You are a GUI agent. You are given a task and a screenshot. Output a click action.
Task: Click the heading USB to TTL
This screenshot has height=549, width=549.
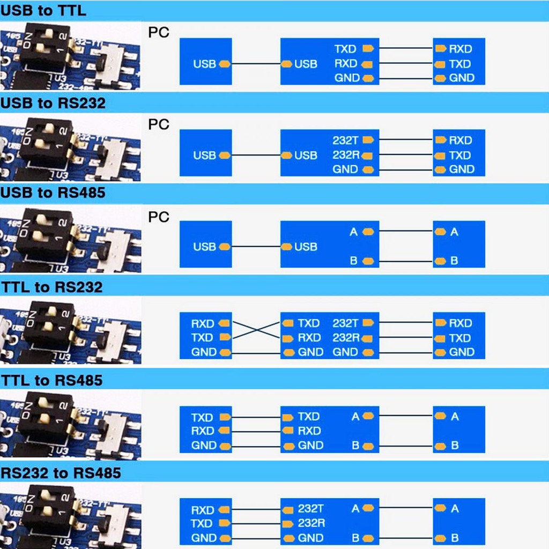pos(43,10)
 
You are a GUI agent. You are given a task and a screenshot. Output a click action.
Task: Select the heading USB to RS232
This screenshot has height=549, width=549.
pos(53,102)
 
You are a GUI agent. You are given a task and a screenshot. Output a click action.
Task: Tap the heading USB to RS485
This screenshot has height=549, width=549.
pos(53,194)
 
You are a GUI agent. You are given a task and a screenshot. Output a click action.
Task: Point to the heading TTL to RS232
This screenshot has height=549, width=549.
pos(51,287)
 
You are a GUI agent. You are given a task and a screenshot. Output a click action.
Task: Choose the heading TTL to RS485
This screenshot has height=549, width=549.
pos(51,380)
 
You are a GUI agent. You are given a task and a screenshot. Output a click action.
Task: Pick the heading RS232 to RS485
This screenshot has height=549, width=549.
pos(61,472)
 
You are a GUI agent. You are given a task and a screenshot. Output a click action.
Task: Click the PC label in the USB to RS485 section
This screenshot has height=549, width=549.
pos(158,217)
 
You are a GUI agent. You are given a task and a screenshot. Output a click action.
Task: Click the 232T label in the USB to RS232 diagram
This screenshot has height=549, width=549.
pos(345,140)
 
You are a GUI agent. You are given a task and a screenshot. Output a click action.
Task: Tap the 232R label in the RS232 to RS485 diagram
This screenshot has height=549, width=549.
pos(311,523)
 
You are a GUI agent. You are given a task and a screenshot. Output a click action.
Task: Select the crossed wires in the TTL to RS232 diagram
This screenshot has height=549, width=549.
pos(256,330)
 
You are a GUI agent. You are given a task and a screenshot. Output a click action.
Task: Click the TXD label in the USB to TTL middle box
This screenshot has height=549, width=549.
pos(345,49)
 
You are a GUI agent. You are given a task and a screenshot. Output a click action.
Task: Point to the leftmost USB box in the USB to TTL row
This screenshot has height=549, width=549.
pos(205,62)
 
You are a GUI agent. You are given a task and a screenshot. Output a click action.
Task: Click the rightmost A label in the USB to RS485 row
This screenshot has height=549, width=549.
pos(455,232)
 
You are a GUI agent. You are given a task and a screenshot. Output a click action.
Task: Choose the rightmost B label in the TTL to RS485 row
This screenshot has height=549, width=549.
pos(455,446)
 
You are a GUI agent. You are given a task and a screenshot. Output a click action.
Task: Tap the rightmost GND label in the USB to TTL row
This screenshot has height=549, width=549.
pos(462,78)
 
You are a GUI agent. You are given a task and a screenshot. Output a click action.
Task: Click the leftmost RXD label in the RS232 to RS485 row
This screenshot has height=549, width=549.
pos(203,510)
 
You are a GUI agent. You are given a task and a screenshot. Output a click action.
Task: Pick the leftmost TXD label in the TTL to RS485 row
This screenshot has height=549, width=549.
pos(203,417)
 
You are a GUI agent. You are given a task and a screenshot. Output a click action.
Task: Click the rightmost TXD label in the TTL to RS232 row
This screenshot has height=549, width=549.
pos(460,338)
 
